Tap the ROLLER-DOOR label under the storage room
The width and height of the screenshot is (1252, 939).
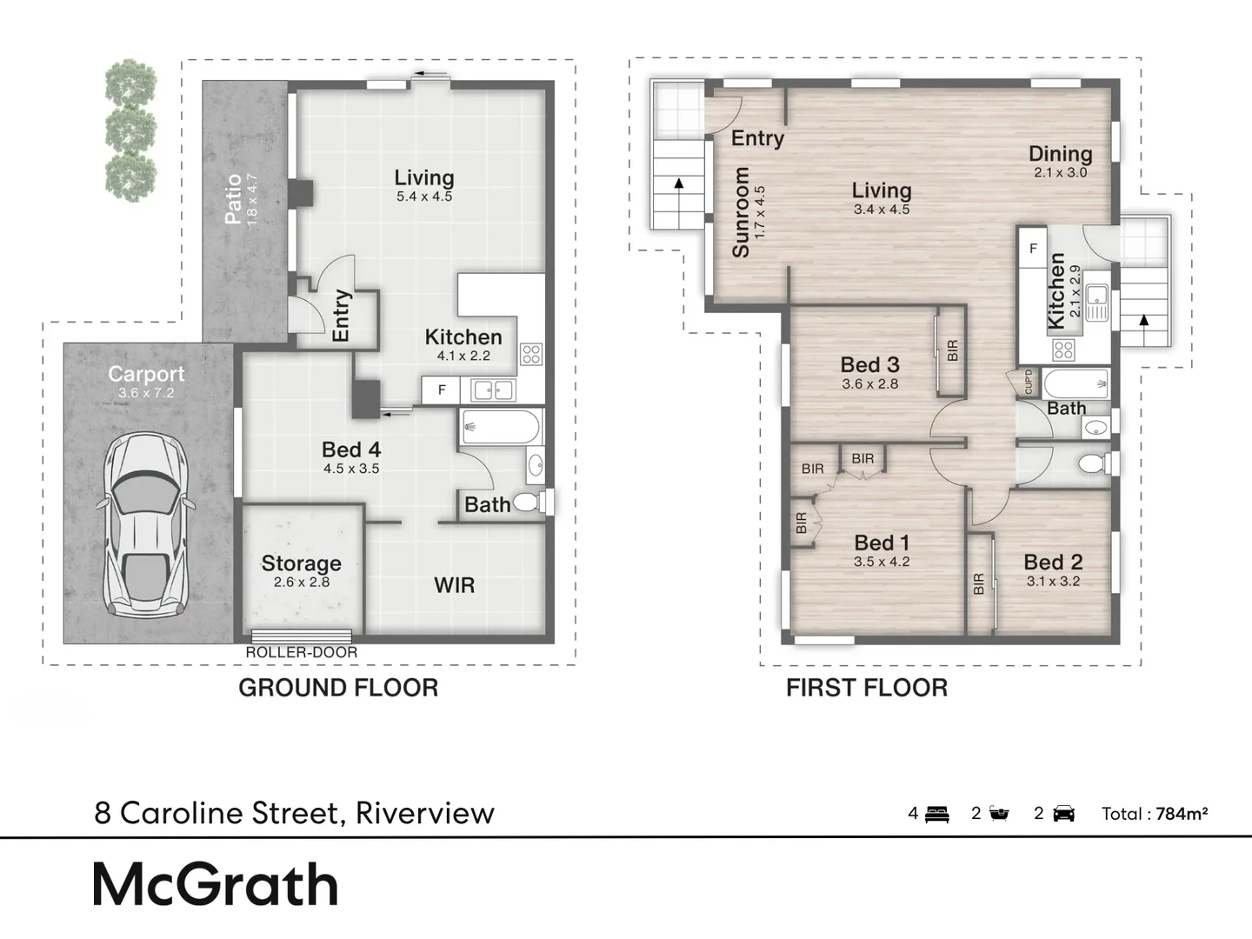click(x=301, y=653)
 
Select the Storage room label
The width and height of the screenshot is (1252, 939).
click(x=301, y=563)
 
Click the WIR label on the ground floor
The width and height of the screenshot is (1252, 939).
click(x=454, y=585)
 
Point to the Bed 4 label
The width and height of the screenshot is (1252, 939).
click(x=350, y=450)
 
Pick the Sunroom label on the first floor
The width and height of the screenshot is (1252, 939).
click(x=741, y=212)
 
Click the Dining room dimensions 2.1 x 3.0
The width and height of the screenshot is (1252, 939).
click(x=1061, y=173)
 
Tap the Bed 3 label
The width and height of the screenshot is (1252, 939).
click(x=869, y=365)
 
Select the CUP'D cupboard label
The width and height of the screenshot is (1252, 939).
click(x=1029, y=382)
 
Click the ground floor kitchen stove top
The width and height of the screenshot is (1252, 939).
click(x=531, y=354)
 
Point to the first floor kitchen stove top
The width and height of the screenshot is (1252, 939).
click(x=1064, y=350)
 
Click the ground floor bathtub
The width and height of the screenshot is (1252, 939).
click(x=501, y=427)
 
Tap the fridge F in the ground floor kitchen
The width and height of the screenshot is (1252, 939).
click(x=441, y=390)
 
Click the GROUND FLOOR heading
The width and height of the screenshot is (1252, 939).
click(x=338, y=688)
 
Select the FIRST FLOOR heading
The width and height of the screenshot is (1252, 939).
click(x=867, y=688)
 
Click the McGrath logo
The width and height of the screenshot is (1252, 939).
click(x=216, y=884)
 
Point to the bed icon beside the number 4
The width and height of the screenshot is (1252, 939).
click(x=936, y=814)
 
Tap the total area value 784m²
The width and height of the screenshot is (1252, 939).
click(x=1182, y=814)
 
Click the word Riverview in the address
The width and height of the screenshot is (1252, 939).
click(x=425, y=813)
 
